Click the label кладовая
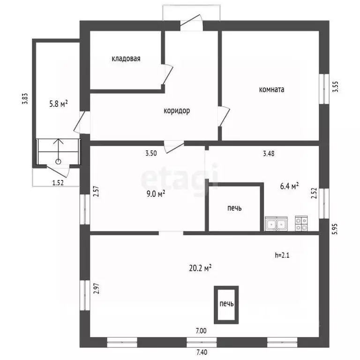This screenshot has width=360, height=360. (x=126, y=59)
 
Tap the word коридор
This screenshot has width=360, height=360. (x=177, y=111)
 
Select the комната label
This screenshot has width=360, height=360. (x=271, y=90)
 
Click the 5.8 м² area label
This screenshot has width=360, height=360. (x=59, y=104)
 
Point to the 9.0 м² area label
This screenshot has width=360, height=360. (x=156, y=194)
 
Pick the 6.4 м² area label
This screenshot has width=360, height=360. (x=289, y=186)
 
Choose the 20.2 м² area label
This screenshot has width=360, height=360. (x=200, y=268)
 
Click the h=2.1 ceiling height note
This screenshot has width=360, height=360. (x=282, y=255)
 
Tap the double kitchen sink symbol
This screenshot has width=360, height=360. (x=276, y=224)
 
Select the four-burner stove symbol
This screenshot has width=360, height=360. (x=301, y=224)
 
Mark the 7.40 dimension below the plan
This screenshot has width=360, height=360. (x=202, y=352)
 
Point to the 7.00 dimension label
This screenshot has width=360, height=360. (x=201, y=330)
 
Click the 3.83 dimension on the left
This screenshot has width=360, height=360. (x=25, y=99)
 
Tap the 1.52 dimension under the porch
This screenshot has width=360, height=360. (x=58, y=183)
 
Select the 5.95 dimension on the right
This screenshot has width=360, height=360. (x=335, y=229)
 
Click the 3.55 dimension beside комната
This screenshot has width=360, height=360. (x=336, y=87)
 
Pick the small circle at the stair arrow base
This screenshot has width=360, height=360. (x=59, y=161)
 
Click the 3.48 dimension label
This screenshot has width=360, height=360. (x=269, y=153)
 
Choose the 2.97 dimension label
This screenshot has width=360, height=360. (x=97, y=289)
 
